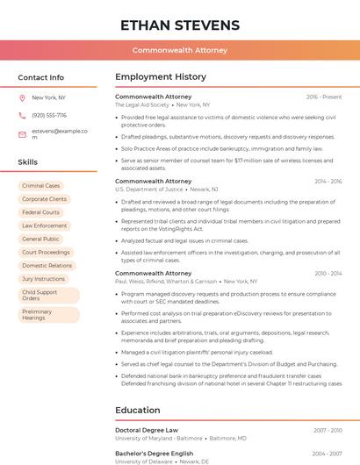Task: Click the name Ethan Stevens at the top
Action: tap(180, 25)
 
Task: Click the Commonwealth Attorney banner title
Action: tap(180, 51)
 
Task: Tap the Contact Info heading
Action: tap(41, 77)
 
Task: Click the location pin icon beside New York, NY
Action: tap(22, 97)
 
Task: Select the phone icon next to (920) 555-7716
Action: tap(22, 116)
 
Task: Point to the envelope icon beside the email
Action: tap(22, 134)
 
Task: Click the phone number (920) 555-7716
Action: tap(49, 116)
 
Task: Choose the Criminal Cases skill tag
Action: tap(41, 186)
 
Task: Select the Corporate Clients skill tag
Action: tap(44, 199)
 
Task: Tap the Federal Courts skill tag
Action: tap(41, 212)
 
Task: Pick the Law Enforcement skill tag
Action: tap(44, 225)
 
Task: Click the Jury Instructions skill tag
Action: tap(44, 278)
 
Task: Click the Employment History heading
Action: tap(161, 77)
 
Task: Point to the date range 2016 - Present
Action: tap(324, 97)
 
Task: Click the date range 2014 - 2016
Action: tap(328, 181)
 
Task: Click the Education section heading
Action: tap(139, 410)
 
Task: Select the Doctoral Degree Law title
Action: tap(147, 430)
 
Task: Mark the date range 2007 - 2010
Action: tap(328, 430)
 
